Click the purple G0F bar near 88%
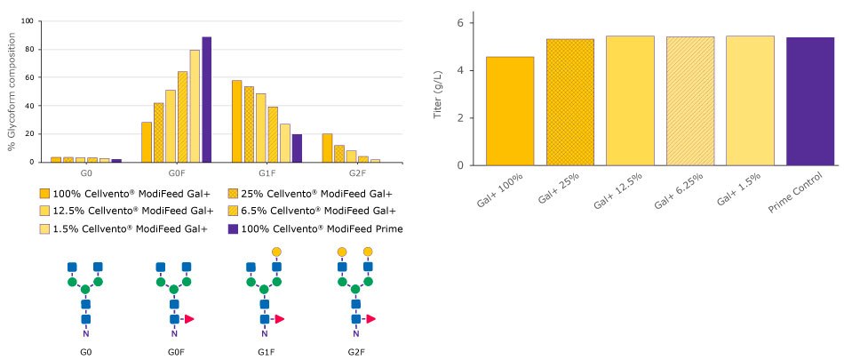[206, 100]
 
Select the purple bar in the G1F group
[297, 148]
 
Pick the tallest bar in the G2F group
[327, 148]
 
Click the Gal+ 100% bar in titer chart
[510, 111]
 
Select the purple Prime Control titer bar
[809, 101]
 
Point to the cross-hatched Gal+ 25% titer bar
[569, 102]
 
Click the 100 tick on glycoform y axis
[29, 21]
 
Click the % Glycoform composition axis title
[13, 91]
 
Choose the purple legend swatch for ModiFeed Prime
[233, 228]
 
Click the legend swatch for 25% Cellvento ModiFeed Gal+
[233, 193]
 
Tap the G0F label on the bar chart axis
[176, 172]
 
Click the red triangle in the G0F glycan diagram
[191, 318]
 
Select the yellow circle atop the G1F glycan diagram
[276, 252]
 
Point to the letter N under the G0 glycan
[85, 334]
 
